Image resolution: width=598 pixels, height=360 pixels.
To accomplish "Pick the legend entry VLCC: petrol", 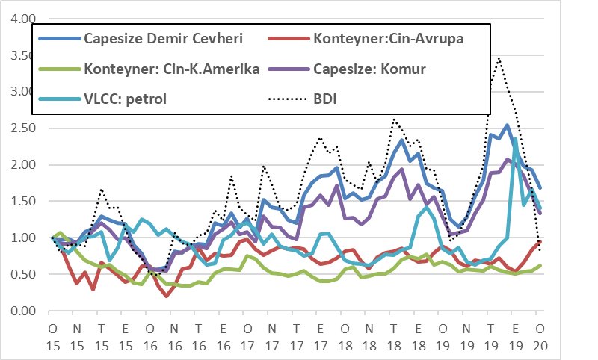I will point(126,98).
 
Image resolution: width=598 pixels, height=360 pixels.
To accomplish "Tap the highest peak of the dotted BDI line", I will point(498,58).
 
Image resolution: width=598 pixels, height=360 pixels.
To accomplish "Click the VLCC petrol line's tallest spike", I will point(515,139).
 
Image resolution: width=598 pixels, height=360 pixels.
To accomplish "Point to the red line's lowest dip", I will point(167,296).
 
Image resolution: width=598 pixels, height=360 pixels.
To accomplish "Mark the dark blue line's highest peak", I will point(507,125).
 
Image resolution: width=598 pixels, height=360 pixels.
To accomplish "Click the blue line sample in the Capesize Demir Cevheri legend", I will point(59,39).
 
